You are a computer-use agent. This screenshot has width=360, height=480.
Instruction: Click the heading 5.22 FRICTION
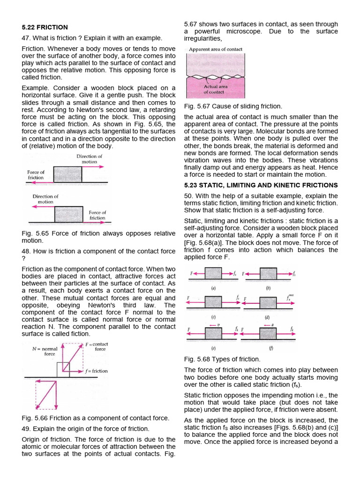point(45,27)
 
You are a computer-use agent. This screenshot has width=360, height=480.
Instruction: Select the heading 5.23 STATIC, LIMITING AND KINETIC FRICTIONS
point(261,185)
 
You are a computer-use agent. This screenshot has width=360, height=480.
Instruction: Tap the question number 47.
point(26,38)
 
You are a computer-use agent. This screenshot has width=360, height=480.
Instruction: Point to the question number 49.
point(26,428)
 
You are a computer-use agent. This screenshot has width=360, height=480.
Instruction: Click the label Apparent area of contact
point(215,49)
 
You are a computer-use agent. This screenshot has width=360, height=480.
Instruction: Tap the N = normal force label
point(45,351)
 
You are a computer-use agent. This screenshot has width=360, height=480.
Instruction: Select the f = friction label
point(96,371)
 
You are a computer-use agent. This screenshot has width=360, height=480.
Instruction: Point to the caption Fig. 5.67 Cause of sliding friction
point(233,106)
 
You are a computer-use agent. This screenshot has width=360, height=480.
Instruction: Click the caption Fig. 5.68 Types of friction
point(222,359)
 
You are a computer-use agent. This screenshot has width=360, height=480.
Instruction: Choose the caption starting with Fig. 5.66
point(96,418)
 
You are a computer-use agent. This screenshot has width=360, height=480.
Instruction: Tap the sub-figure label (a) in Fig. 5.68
point(213,289)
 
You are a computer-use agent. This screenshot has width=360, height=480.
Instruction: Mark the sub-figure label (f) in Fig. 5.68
point(269,348)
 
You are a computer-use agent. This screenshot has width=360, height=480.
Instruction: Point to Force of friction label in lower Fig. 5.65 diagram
point(97,215)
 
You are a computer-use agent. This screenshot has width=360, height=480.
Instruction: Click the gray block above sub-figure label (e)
point(213,333)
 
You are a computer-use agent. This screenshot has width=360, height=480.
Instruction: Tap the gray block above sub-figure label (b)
point(269,274)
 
